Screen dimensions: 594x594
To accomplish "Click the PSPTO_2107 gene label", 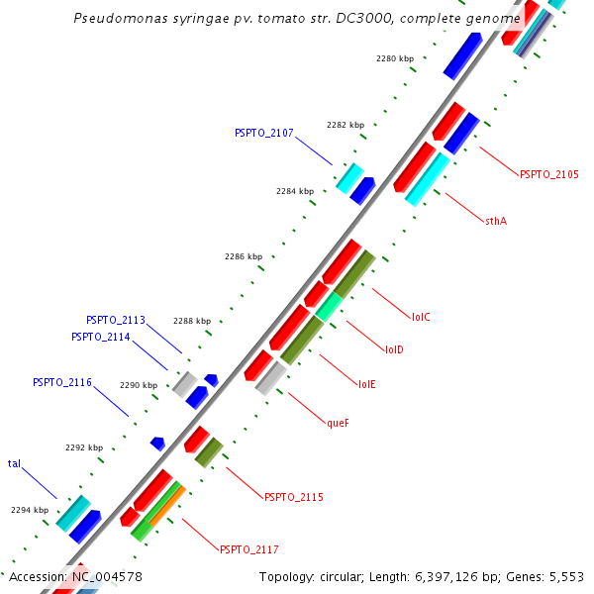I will (263, 133).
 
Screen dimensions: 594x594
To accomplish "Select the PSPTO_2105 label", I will (548, 174).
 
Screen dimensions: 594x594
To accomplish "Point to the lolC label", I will (421, 317).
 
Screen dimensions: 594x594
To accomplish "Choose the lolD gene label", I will (394, 349).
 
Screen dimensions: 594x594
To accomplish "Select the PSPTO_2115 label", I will (293, 497).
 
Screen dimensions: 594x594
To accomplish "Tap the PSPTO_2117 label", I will (248, 549).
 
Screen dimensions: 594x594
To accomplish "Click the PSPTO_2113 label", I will (116, 321).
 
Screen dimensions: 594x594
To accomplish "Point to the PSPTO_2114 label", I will (101, 337).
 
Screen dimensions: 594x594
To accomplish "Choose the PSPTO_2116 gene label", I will (62, 382).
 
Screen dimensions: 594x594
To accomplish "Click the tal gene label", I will (15, 463).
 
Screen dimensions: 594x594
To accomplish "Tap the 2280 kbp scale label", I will (395, 59).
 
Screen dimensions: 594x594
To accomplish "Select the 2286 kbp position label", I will (244, 256).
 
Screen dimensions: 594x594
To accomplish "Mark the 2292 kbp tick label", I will (84, 447).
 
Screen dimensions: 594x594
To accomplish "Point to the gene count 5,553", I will (566, 576).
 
